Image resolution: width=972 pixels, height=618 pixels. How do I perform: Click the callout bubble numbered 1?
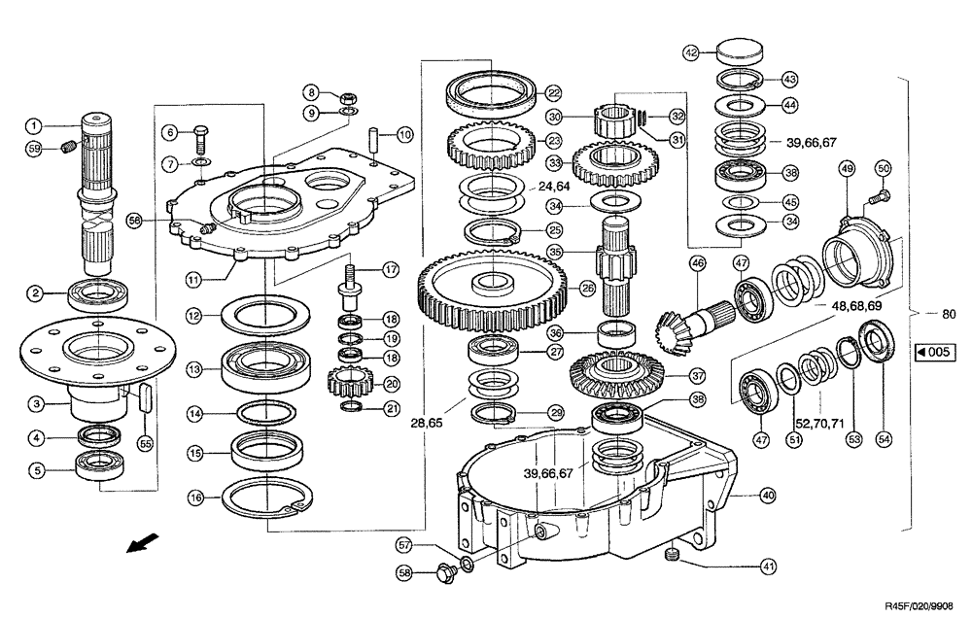click(x=33, y=124)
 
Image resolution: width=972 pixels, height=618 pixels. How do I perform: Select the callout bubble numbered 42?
click(x=691, y=51)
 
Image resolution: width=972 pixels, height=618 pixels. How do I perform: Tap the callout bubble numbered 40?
click(x=768, y=496)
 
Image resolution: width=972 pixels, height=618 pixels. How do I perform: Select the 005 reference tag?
click(x=930, y=353)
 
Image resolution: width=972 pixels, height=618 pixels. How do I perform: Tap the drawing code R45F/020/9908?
click(x=925, y=603)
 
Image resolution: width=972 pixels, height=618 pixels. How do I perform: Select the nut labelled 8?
click(x=345, y=98)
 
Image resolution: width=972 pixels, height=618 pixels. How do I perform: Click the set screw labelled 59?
click(x=67, y=148)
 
